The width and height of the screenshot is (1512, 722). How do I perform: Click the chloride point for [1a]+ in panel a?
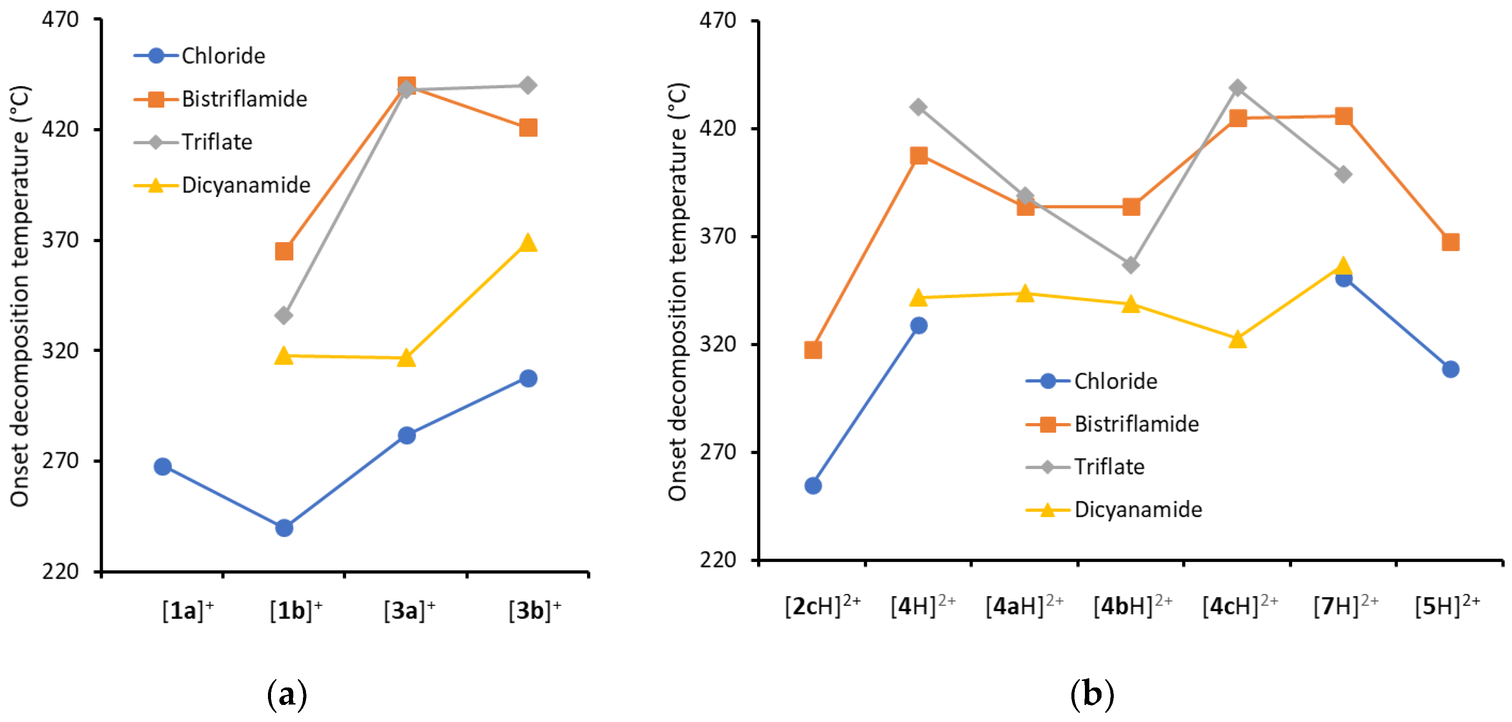pos(163,467)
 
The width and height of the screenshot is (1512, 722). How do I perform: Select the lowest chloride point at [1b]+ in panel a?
pos(284,528)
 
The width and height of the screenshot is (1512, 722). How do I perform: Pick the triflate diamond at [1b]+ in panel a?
pos(284,315)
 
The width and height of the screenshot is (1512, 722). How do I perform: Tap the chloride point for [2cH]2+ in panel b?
pos(813,486)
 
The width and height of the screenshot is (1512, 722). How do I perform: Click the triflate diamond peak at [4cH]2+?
pos(1238,88)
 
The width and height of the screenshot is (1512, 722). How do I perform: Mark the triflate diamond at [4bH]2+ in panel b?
pos(1131,265)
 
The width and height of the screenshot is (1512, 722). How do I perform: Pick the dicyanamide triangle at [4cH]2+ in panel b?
pos(1238,339)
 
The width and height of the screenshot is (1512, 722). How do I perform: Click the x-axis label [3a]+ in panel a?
pos(409,611)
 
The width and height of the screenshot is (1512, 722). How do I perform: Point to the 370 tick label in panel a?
pos(60,240)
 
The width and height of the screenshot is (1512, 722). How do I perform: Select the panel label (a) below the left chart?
pos(287,695)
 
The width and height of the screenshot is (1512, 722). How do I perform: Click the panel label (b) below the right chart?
pos(1092,695)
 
